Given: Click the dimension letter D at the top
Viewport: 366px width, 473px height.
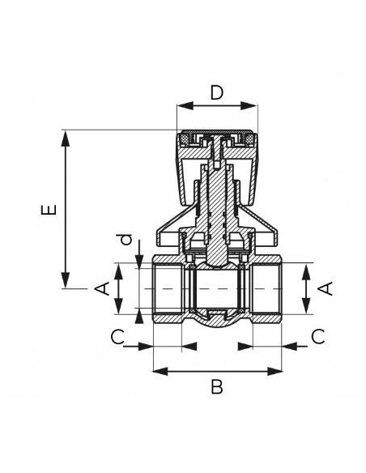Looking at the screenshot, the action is (217, 92).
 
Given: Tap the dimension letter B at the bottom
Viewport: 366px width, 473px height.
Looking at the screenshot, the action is (217, 387).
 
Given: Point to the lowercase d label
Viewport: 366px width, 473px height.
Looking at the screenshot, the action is (126, 239).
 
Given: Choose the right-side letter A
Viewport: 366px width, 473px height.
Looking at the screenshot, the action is (326, 288).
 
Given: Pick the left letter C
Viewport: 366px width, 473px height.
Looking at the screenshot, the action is (117, 337).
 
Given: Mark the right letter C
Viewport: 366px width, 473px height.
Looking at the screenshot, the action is (318, 337).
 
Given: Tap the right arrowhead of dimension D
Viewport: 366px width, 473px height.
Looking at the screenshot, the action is (249, 106).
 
